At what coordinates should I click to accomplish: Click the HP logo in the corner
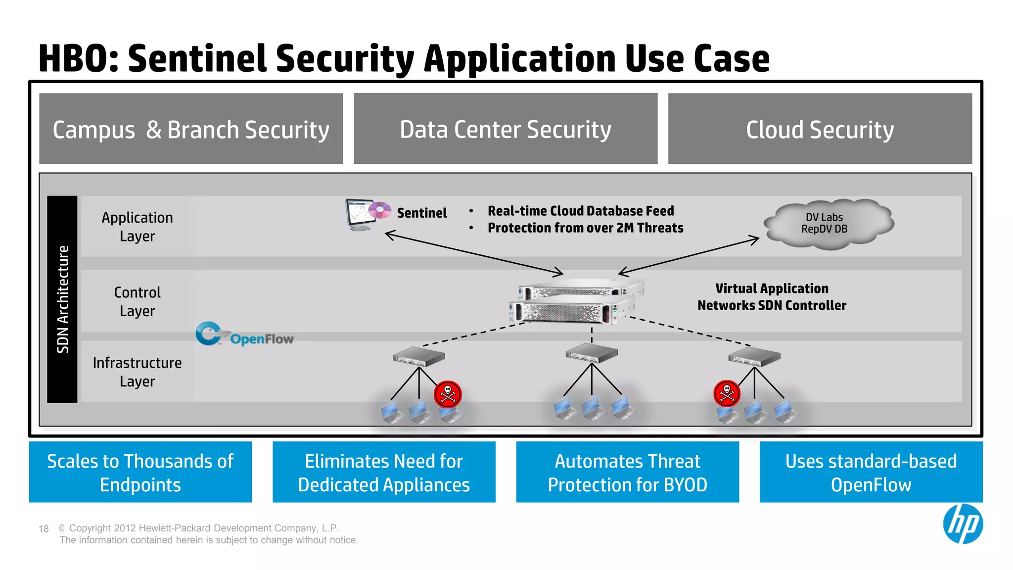pos(962,524)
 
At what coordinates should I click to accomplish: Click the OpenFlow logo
pos(244,335)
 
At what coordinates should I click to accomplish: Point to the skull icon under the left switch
pos(448,394)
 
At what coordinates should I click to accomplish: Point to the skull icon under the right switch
pos(727,393)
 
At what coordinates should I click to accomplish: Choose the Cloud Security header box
pos(820,129)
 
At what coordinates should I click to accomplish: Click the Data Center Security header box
pos(505,129)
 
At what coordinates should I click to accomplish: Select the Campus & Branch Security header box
pos(191,129)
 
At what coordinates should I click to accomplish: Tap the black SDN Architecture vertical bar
pos(62,299)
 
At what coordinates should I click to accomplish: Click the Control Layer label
pos(137,301)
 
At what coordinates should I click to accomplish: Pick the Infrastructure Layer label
pos(137,372)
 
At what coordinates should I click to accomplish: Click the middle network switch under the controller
pos(592,353)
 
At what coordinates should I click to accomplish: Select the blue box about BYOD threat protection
pos(627,472)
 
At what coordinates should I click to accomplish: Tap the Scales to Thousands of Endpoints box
pos(140,472)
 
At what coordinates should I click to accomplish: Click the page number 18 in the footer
pos(44,529)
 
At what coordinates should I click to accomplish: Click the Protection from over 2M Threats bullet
pos(585,228)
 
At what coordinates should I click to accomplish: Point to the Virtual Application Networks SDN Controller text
pos(771,297)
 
